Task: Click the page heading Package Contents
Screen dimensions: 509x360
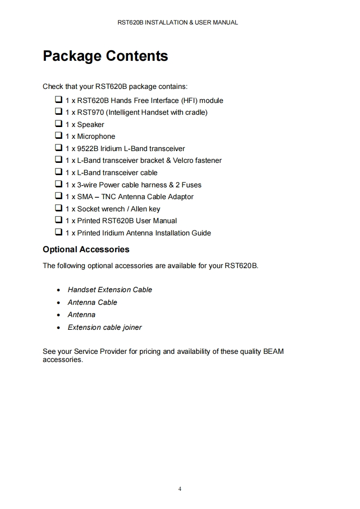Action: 105,56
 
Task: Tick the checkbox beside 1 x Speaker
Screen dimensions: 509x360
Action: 59,123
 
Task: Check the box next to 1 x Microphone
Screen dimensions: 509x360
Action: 59,135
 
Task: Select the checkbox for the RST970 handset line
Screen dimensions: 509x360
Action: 59,111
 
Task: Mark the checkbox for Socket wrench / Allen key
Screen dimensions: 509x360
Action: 59,208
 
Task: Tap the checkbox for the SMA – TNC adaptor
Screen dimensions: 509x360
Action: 59,196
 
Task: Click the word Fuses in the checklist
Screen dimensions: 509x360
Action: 191,185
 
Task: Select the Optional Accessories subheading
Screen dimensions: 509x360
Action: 86,250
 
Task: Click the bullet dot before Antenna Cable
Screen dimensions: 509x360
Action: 59,303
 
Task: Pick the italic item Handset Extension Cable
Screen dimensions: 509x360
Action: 110,290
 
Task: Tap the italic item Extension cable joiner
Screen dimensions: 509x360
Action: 104,328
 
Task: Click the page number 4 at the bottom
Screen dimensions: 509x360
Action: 180,489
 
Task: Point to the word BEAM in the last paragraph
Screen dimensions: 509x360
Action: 273,352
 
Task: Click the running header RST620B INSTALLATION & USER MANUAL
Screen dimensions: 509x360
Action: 178,22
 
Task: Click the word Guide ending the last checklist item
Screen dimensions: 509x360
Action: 200,233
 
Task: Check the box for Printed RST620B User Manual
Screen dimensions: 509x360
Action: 59,220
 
